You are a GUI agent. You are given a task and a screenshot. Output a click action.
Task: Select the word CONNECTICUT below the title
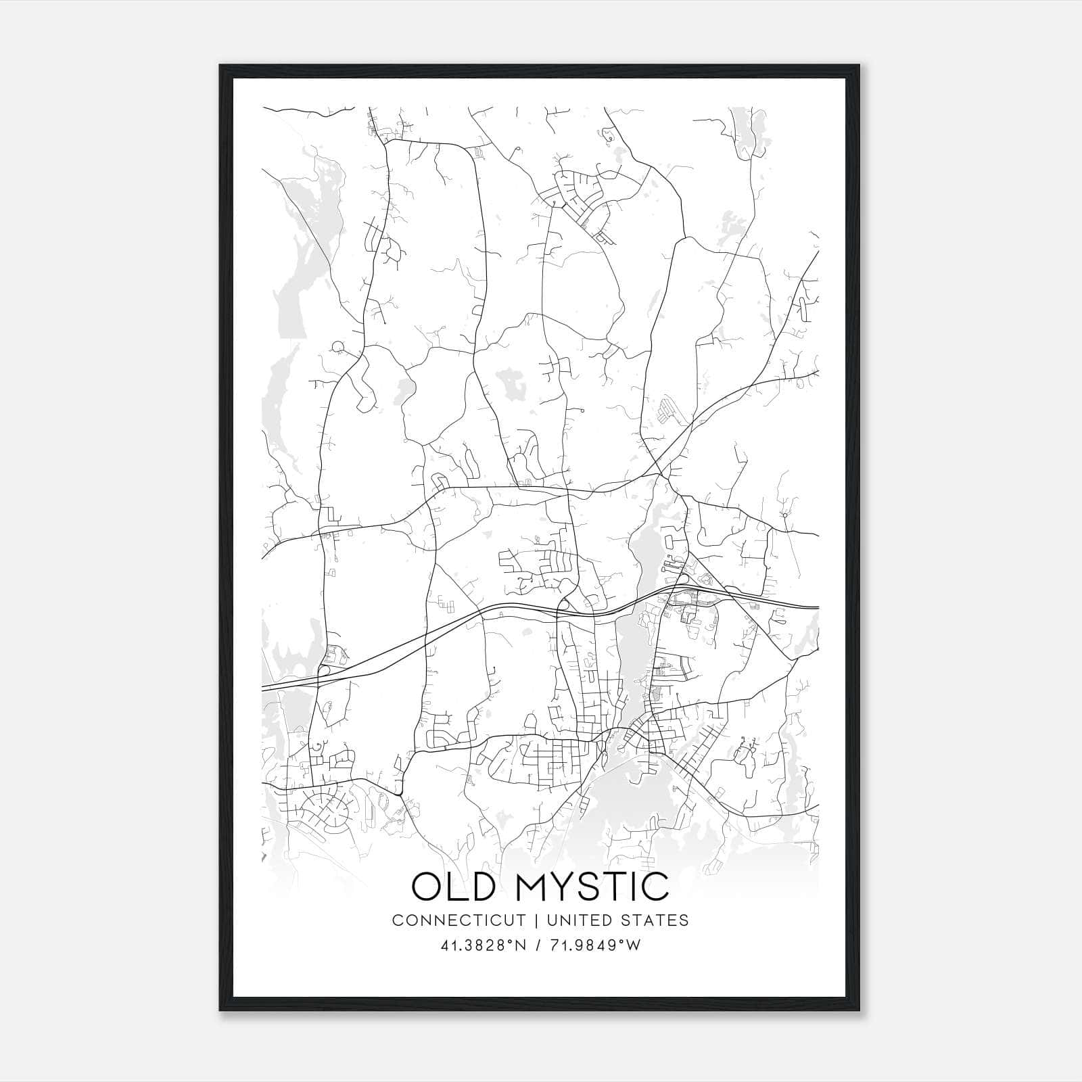458,920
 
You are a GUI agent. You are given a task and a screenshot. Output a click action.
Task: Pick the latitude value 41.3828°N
483,945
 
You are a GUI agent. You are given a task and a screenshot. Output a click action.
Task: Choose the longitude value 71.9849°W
595,945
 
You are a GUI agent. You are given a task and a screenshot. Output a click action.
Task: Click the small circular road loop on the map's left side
337,348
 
